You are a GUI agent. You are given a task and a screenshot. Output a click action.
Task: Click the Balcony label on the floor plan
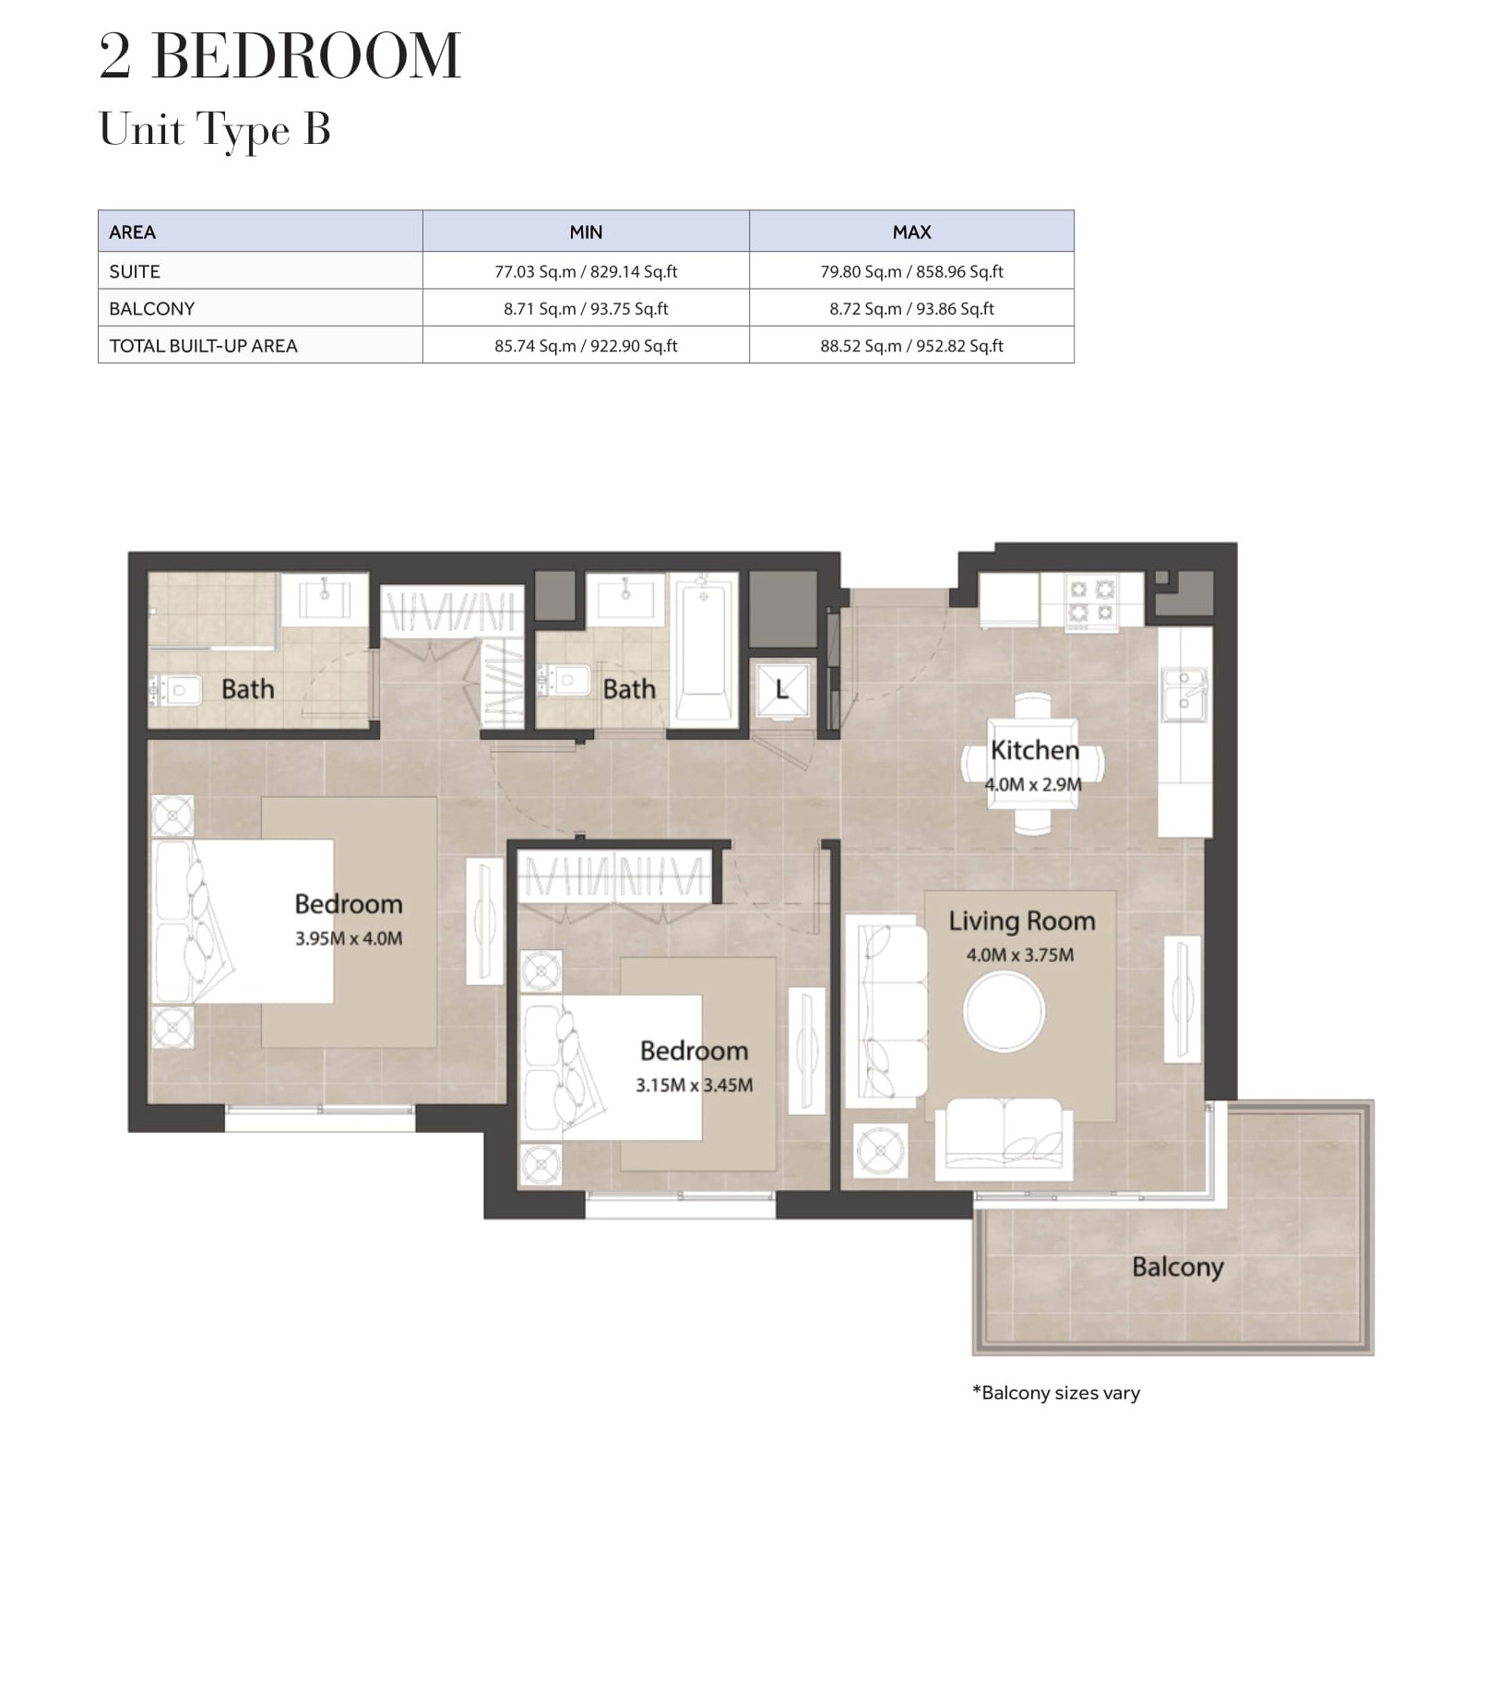[1177, 1268]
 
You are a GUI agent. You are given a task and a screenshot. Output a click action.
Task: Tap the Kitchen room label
[1034, 750]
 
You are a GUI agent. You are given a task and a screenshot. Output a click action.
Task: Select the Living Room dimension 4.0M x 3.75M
[1020, 955]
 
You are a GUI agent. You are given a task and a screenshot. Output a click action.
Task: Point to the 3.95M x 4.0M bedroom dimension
[349, 938]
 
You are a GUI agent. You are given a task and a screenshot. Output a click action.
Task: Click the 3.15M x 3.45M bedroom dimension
[694, 1085]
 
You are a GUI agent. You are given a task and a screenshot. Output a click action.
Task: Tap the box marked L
[782, 690]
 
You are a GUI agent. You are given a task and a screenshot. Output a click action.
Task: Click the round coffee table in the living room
[1004, 1011]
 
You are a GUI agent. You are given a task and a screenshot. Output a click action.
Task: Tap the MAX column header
[911, 232]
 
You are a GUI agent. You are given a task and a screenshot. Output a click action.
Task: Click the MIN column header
[586, 232]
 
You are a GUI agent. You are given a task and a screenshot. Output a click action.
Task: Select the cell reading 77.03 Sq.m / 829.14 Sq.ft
[586, 271]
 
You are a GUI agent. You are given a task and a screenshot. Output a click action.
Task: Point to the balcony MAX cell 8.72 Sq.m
[911, 308]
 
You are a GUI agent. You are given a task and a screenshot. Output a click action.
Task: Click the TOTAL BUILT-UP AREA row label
[203, 346]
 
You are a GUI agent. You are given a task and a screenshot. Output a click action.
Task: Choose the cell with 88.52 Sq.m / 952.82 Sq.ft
[911, 346]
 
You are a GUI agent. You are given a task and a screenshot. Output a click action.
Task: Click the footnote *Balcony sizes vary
[1056, 1393]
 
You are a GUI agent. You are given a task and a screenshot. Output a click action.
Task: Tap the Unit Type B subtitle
[214, 130]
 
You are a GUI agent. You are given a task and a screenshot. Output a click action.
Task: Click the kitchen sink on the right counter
[1184, 693]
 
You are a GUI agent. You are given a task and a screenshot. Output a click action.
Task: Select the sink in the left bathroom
[325, 597]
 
